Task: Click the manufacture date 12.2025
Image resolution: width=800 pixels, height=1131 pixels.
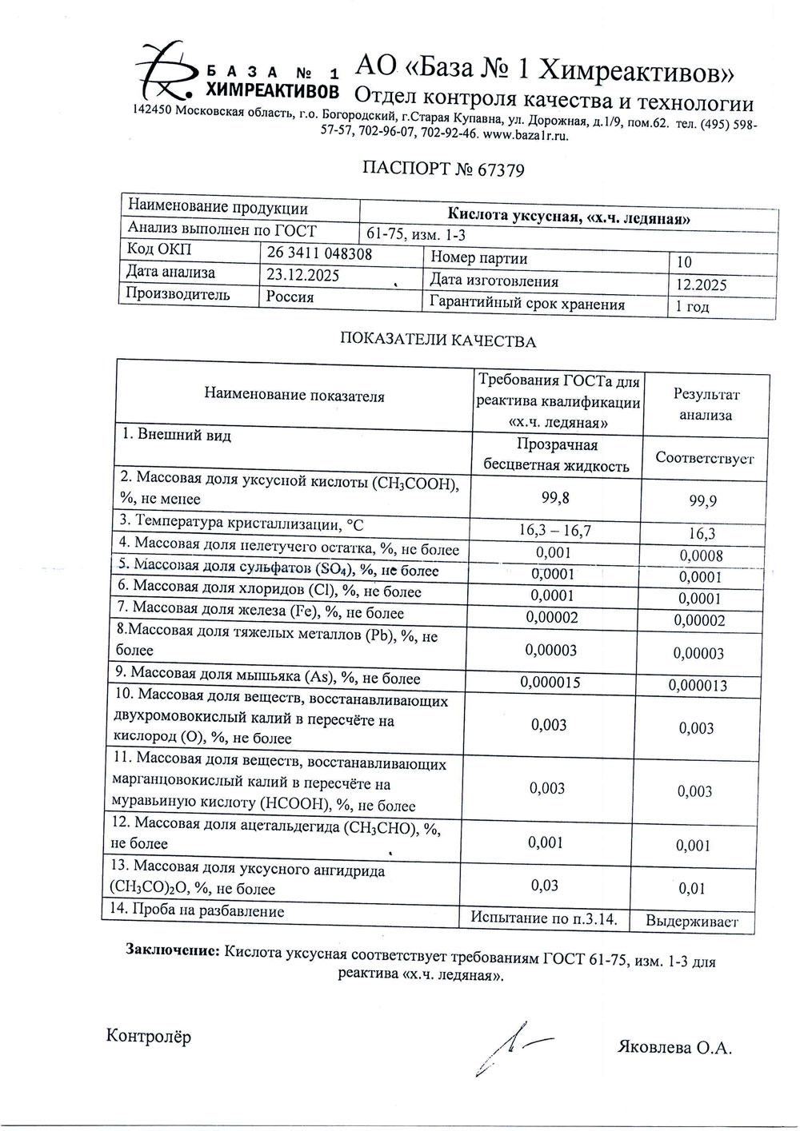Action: click(701, 285)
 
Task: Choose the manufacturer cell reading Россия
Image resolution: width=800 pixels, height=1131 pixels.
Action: click(290, 297)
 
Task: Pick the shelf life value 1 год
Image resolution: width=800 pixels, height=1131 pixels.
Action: click(692, 307)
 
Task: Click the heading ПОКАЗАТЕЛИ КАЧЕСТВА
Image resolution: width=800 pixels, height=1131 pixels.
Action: click(438, 341)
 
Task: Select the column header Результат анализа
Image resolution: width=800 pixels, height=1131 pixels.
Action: click(706, 404)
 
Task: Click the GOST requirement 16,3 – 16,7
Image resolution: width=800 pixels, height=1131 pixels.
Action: click(555, 530)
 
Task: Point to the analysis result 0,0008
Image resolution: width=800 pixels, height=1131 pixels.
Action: click(701, 556)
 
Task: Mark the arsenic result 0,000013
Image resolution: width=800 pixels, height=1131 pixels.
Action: click(698, 685)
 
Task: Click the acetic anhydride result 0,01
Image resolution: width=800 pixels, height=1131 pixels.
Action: click(691, 889)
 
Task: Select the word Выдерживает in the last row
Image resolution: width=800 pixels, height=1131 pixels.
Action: click(692, 922)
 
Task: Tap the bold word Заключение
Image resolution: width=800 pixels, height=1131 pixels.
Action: click(173, 951)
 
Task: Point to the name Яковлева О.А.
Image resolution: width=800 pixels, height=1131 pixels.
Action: click(674, 1048)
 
